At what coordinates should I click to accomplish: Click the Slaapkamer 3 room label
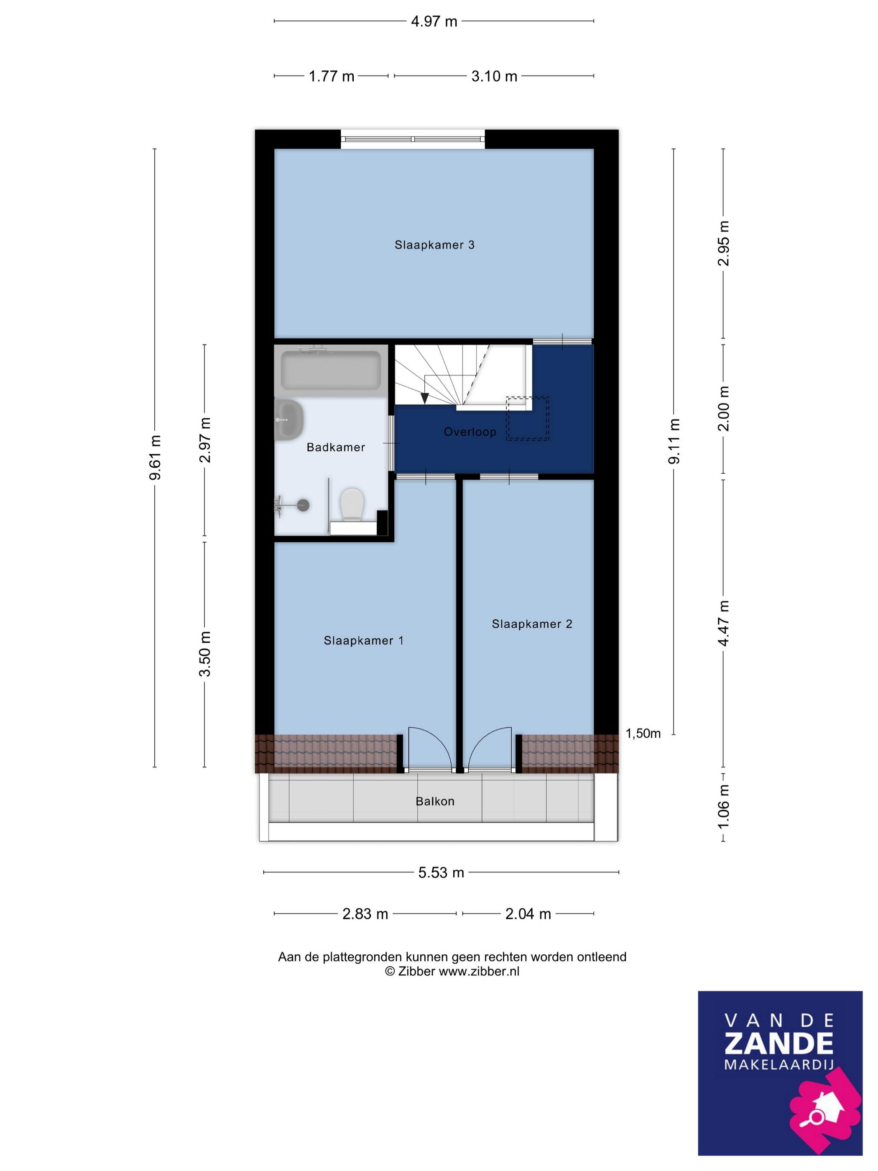click(434, 245)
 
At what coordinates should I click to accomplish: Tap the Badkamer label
click(336, 447)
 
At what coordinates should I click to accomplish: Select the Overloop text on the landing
click(470, 432)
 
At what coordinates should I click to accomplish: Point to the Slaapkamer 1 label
click(364, 641)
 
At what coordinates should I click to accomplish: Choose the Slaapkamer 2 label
click(532, 624)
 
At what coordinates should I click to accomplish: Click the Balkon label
click(435, 801)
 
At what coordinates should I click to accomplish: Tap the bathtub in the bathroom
click(331, 370)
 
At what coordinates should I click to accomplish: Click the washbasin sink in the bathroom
click(288, 420)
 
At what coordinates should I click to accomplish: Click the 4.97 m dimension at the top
click(434, 21)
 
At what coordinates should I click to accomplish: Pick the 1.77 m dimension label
click(331, 76)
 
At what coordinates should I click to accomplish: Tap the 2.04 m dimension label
click(528, 914)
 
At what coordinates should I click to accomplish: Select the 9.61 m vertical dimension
click(155, 458)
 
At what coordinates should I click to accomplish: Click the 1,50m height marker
click(643, 733)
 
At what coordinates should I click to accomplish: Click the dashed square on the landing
click(528, 418)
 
